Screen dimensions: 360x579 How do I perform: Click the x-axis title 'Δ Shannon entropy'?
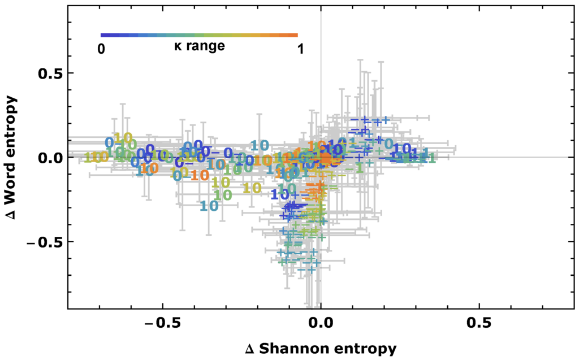tap(321, 349)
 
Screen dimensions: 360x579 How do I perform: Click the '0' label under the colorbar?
tap(101, 49)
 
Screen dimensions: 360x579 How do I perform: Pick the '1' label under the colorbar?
tap(300, 49)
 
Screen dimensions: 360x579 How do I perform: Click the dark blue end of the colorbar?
tap(103, 35)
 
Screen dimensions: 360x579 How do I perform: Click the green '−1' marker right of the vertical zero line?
tap(353, 169)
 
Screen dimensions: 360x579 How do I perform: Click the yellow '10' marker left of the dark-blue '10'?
tap(252, 188)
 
